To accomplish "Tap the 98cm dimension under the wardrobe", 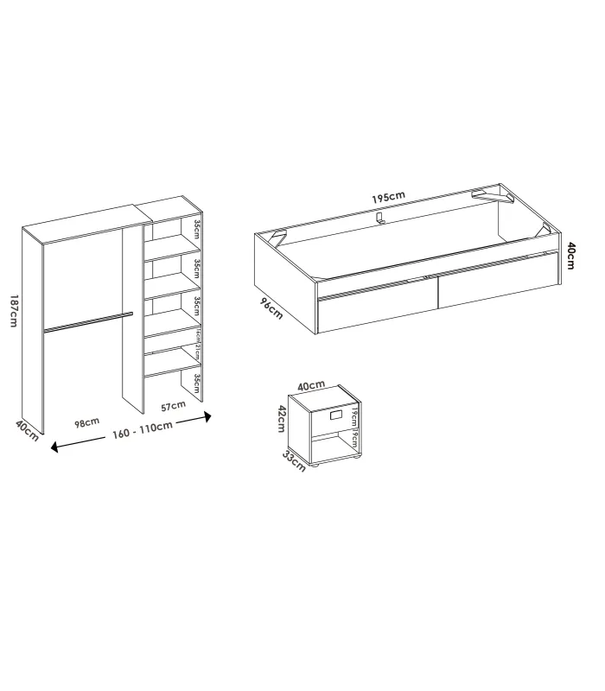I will pyautogui.click(x=86, y=422).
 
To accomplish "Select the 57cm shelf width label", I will pyautogui.click(x=173, y=405).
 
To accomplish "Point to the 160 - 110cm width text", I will pyautogui.click(x=143, y=429).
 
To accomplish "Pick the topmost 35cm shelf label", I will pyautogui.click(x=197, y=230).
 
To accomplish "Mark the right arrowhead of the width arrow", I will pyautogui.click(x=207, y=417).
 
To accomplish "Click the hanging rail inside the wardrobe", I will pyautogui.click(x=86, y=321).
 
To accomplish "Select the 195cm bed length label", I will pyautogui.click(x=388, y=197).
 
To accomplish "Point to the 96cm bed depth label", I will pyautogui.click(x=271, y=308).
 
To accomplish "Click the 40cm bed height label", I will pyautogui.click(x=572, y=255).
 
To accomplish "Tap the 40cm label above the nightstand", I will pyautogui.click(x=311, y=385).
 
